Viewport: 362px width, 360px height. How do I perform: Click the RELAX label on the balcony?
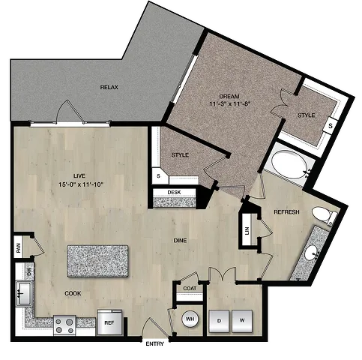coord(109,87)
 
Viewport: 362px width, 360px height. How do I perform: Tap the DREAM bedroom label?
coord(229,96)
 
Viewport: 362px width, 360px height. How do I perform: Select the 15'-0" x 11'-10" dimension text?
coord(81,184)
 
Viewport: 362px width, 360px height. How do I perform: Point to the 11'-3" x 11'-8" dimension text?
coord(230,103)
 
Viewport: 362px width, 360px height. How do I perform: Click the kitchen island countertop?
coord(97,261)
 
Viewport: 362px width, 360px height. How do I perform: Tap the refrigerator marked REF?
coord(109,322)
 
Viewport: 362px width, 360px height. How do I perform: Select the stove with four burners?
coord(64,325)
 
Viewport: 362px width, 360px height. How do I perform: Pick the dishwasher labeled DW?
coord(29,271)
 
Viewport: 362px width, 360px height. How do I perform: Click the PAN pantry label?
coord(18,247)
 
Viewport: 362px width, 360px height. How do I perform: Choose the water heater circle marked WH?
coord(190,319)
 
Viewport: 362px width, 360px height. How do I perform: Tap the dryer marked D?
coord(219,321)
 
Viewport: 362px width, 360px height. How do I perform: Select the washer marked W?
coord(242,321)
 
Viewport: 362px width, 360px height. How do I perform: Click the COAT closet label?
coord(190,289)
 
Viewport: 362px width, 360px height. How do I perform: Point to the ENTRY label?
coord(155,344)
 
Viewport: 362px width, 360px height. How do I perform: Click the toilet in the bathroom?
coord(325,215)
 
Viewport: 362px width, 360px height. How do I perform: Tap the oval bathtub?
coord(290,164)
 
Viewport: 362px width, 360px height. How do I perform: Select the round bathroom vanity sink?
coord(311,253)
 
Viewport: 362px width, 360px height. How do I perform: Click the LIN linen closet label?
coord(247,229)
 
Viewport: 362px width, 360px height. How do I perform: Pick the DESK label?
coord(174,193)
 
